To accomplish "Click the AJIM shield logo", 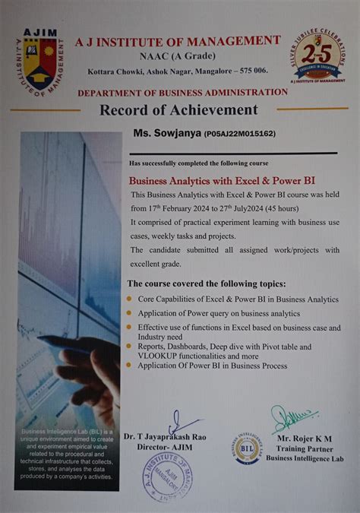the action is pyautogui.click(x=43, y=62).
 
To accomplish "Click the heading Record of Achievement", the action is pyautogui.click(x=178, y=109).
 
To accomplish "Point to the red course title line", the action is pyautogui.click(x=222, y=182).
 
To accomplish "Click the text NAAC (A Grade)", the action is pyautogui.click(x=177, y=55).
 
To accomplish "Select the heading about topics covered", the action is pyautogui.click(x=206, y=283).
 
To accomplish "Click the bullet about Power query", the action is pyautogui.click(x=219, y=313).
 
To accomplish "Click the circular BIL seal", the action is pyautogui.click(x=248, y=448).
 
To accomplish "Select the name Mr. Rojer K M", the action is pyautogui.click(x=305, y=439).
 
